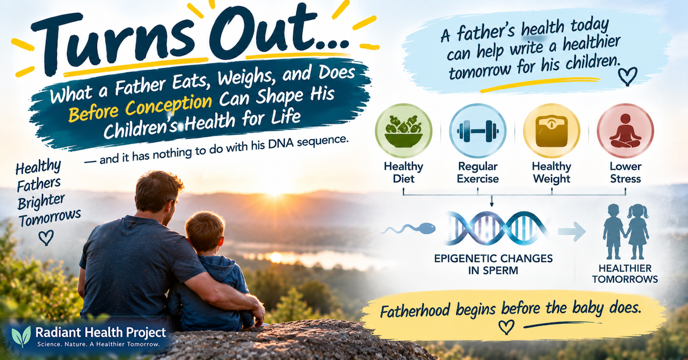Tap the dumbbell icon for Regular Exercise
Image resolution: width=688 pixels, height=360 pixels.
pyautogui.click(x=478, y=131)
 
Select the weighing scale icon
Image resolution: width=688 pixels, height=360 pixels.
pyautogui.click(x=552, y=131)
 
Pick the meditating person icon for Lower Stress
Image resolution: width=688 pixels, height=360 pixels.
pyautogui.click(x=626, y=131)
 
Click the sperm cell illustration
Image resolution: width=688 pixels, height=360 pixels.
pyautogui.click(x=408, y=229)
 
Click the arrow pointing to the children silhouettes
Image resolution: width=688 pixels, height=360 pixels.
pyautogui.click(x=572, y=231)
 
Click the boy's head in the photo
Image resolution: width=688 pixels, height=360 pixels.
pyautogui.click(x=205, y=231)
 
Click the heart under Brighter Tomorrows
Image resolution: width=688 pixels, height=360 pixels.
pyautogui.click(x=46, y=238)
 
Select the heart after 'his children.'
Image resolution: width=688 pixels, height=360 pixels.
pyautogui.click(x=627, y=76)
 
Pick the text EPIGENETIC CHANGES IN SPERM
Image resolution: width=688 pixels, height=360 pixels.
pyautogui.click(x=493, y=264)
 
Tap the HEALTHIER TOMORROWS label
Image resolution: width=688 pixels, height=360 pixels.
pyautogui.click(x=625, y=273)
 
